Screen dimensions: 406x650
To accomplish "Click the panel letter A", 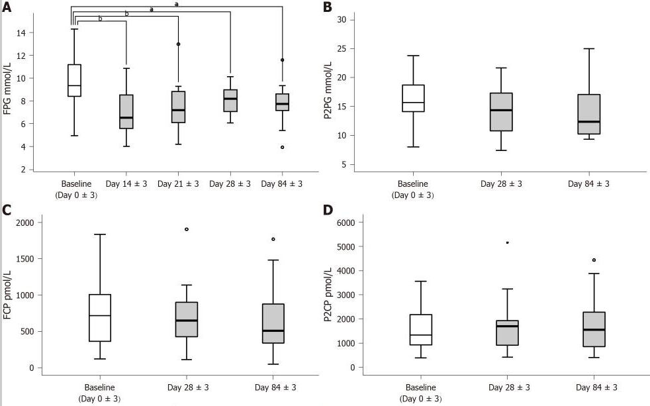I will (7, 7).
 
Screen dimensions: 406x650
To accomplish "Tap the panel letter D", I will (326, 211).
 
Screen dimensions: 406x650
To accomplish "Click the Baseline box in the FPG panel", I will (74, 80).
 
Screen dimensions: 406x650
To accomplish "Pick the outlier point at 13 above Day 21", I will (178, 44).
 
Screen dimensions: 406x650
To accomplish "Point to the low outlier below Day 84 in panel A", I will (283, 147).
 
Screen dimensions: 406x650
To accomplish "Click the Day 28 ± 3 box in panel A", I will (230, 101).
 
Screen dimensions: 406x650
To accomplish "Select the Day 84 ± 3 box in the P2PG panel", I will (588, 114).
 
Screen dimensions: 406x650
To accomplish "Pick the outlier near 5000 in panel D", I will (507, 242).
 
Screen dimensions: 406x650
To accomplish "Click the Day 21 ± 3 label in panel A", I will (178, 183).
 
